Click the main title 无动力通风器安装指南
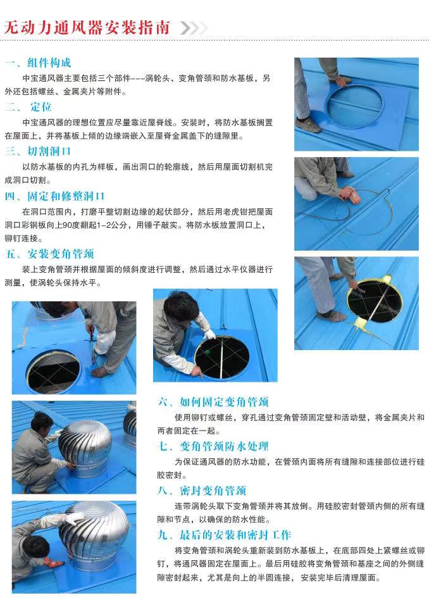click(x=87, y=28)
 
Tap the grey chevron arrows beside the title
click(x=193, y=28)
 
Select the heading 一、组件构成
click(x=38, y=63)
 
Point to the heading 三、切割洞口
click(x=38, y=151)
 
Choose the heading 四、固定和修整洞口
click(x=55, y=196)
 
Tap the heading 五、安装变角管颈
click(x=50, y=254)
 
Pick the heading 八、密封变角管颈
click(x=202, y=491)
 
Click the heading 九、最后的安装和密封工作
click(x=225, y=535)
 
